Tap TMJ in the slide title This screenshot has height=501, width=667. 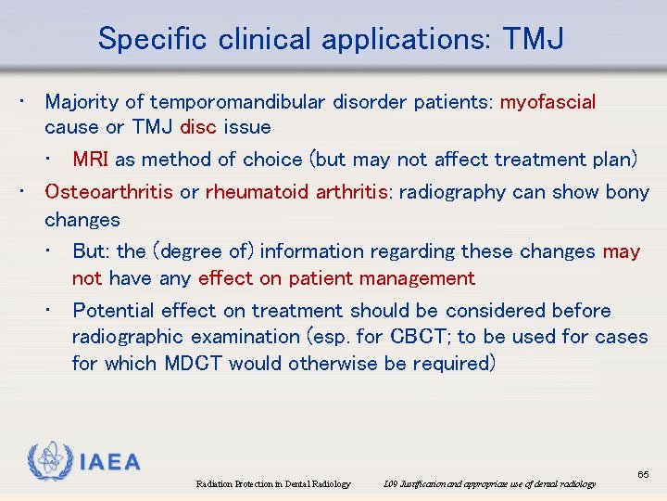(534, 39)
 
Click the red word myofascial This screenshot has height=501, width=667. (548, 101)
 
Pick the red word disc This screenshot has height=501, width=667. (198, 127)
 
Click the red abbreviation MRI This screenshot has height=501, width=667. (91, 160)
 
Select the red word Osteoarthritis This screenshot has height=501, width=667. (108, 192)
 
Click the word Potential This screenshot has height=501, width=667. (113, 311)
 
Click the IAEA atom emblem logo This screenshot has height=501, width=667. (50, 460)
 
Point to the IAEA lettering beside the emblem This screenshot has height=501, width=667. (110, 462)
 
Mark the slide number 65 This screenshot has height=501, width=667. (643, 474)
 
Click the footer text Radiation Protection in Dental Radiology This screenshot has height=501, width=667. (273, 484)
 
